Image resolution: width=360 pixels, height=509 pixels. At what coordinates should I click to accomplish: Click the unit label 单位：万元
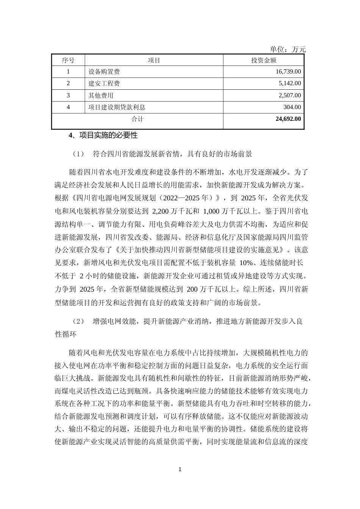pyautogui.click(x=288, y=49)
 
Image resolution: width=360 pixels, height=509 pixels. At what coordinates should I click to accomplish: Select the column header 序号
pyautogui.click(x=68, y=60)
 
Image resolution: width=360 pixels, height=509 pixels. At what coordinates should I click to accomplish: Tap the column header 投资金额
pyautogui.click(x=263, y=60)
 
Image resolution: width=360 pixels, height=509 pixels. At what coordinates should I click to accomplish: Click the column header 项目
pyautogui.click(x=154, y=60)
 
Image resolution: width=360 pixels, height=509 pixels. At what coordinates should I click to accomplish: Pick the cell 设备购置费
pyautogui.click(x=104, y=72)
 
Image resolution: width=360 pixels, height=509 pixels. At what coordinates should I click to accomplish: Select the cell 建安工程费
pyautogui.click(x=104, y=83)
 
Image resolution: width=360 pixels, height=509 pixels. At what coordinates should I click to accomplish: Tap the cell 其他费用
pyautogui.click(x=101, y=95)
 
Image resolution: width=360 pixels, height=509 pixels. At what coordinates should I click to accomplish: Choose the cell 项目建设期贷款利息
pyautogui.click(x=117, y=107)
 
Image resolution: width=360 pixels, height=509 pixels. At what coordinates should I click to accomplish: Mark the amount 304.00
pyautogui.click(x=292, y=107)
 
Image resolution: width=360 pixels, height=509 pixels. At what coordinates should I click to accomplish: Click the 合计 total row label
pyautogui.click(x=137, y=119)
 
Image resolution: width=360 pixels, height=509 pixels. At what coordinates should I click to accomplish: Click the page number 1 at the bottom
pyautogui.click(x=180, y=470)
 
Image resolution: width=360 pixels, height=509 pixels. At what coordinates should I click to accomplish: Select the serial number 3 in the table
pyautogui.click(x=68, y=95)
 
